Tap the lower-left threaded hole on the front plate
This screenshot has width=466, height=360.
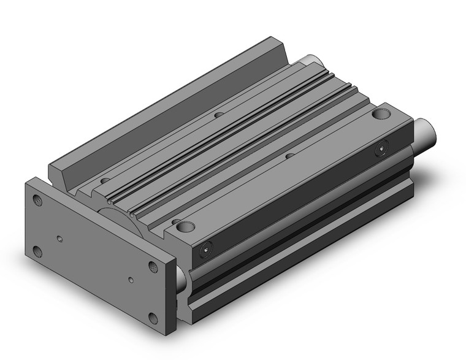39,250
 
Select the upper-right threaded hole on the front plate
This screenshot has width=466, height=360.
153,266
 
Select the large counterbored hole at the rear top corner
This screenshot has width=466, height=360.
382,114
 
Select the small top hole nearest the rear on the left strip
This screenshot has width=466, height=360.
218,114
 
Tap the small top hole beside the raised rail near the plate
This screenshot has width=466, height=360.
105,180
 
